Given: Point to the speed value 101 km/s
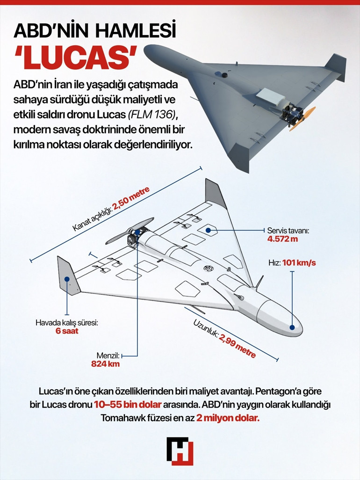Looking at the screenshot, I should [x=299, y=262].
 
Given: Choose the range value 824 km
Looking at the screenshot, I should [x=106, y=363].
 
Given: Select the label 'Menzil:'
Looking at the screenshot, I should [x=106, y=355].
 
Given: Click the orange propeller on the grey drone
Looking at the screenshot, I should [x=303, y=118].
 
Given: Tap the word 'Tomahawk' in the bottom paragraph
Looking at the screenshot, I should [x=123, y=418].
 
